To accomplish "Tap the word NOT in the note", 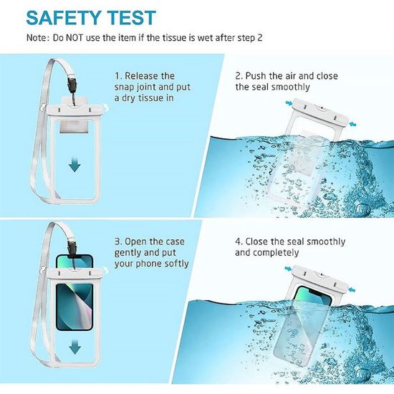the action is (x=74, y=38).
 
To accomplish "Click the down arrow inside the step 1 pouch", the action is (x=75, y=164).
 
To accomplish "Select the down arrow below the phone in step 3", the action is (x=75, y=347).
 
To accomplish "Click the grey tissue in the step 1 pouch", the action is (x=74, y=126).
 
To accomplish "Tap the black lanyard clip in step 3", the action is (x=72, y=249).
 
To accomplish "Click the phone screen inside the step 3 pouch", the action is (x=75, y=307).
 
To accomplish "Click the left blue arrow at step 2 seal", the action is (x=289, y=102).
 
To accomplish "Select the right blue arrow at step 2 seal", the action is (x=352, y=124).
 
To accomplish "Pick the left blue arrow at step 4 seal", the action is (x=288, y=269).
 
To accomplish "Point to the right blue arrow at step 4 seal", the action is (x=352, y=290).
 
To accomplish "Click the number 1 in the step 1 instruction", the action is (x=117, y=76).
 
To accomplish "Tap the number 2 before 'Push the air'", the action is (x=239, y=76).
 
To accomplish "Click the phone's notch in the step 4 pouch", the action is (x=317, y=292).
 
